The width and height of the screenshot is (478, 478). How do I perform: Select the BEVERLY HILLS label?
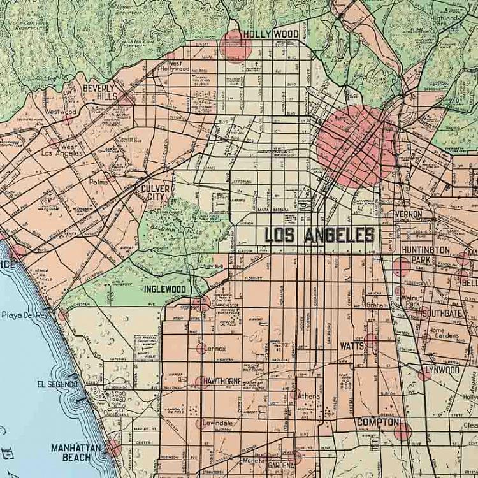(x=98, y=92)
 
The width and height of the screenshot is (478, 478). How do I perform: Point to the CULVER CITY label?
(x=156, y=193)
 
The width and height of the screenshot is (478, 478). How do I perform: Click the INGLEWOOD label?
(x=164, y=289)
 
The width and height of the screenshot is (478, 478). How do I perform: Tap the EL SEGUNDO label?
(x=57, y=385)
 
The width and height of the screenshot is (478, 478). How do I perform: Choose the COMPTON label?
(x=378, y=422)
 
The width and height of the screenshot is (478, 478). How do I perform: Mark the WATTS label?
(x=351, y=346)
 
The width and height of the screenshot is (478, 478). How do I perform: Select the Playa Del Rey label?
(x=24, y=315)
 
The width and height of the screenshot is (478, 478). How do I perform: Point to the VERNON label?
(x=409, y=214)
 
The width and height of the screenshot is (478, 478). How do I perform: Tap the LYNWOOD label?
(x=442, y=370)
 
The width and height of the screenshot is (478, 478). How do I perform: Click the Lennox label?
(x=215, y=349)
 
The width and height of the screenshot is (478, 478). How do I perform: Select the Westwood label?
(x=61, y=112)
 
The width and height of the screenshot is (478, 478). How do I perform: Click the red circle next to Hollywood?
(x=236, y=45)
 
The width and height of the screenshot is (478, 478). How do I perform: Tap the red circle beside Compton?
(x=402, y=431)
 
